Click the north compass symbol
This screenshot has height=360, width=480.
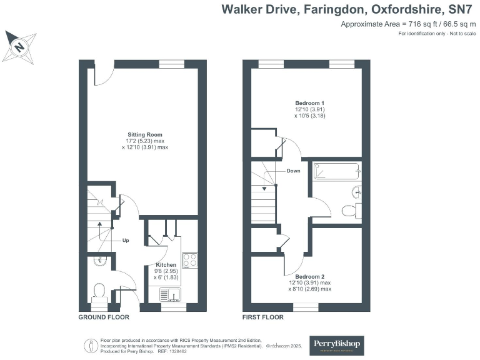(19, 46)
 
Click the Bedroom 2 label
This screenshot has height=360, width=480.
(309, 276)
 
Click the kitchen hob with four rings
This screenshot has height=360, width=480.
(190, 259)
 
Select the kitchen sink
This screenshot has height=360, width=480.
(169, 294)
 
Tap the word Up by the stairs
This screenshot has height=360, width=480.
(125, 241)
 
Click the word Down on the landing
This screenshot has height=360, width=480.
(293, 171)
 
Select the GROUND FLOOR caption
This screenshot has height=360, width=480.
(104, 317)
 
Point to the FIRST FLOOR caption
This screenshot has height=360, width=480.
(263, 317)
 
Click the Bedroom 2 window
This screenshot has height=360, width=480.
(306, 307)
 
